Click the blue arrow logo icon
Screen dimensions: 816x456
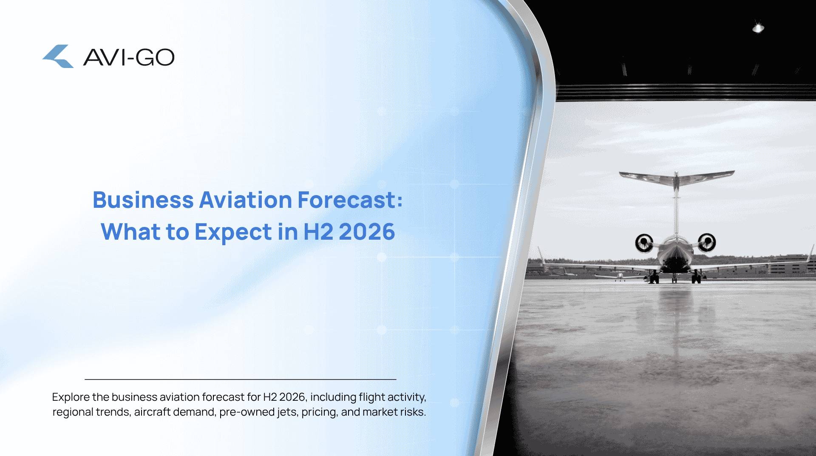[58, 56]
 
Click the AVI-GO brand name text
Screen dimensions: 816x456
[129, 57]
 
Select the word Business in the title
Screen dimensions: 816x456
[143, 200]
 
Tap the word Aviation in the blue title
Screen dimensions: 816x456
[245, 200]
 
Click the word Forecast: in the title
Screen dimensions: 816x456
[350, 200]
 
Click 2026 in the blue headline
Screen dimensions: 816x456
[367, 232]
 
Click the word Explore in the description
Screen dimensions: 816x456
[71, 397]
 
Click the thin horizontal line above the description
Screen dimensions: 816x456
[241, 379]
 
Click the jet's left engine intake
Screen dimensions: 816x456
[644, 243]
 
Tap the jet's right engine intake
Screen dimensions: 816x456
[707, 242]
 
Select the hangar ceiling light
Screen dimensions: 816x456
[758, 28]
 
